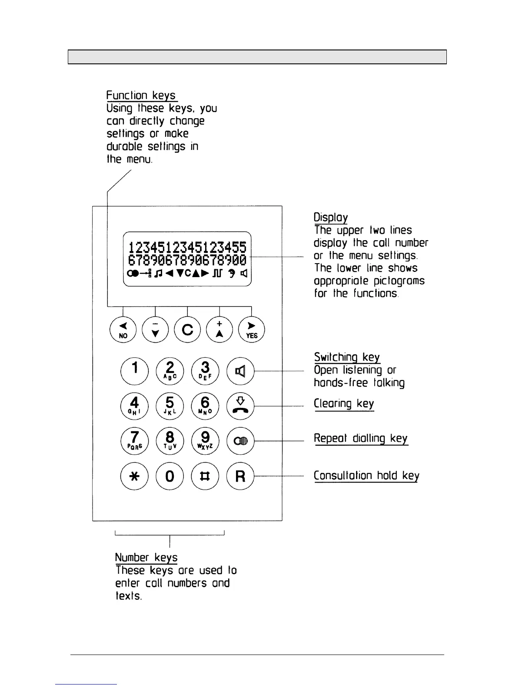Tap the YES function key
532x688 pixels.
(252, 330)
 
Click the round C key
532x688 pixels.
(187, 330)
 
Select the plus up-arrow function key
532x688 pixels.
(219, 330)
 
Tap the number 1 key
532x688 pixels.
(135, 371)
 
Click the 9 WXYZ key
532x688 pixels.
(205, 441)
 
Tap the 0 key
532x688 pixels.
(170, 476)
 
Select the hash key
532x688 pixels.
(205, 476)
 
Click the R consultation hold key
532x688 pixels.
(240, 476)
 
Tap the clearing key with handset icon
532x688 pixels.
(240, 406)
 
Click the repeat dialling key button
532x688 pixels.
(240, 441)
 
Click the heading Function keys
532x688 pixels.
(141, 96)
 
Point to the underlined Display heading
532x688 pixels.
(331, 218)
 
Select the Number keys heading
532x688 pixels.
(146, 558)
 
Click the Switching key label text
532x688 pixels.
(347, 357)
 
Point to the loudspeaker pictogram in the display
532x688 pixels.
(244, 273)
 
